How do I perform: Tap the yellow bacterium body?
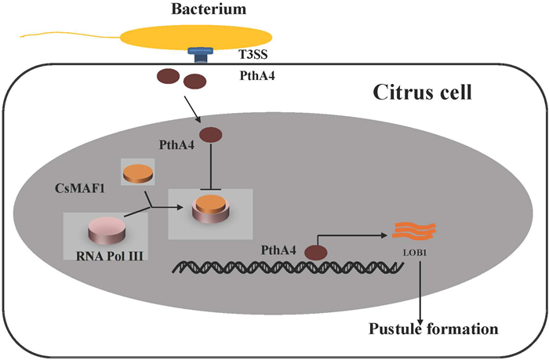pyautogui.click(x=196, y=37)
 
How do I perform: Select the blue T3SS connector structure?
pyautogui.click(x=199, y=55)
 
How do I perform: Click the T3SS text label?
pyautogui.click(x=249, y=56)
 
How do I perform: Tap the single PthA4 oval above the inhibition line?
pyautogui.click(x=211, y=136)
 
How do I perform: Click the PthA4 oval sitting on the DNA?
pyautogui.click(x=316, y=253)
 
